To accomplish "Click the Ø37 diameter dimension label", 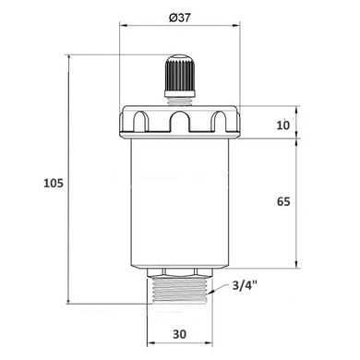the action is [180, 18].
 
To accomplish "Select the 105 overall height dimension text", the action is [54, 183].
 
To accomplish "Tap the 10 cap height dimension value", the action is [283, 125].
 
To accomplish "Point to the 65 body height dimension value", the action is [283, 201].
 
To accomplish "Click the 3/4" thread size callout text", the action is [245, 286].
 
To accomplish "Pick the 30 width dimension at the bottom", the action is [179, 334].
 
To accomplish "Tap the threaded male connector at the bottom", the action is [180, 291].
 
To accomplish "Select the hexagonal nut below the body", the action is [180, 272].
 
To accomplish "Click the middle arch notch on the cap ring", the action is [180, 121].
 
